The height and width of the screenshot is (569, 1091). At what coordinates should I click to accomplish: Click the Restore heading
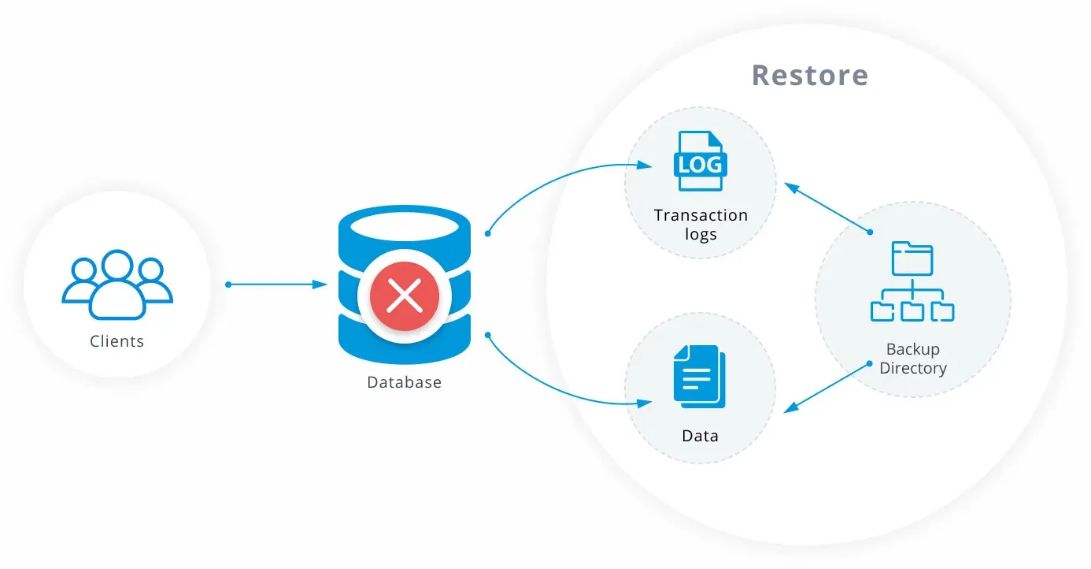pos(810,75)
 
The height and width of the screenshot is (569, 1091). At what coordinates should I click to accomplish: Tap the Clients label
pos(116,341)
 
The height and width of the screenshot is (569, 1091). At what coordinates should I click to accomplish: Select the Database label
pos(404,382)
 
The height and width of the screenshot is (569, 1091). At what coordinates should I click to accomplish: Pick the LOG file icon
pos(700,161)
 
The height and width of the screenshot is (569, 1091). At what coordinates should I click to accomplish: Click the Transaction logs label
pos(700,225)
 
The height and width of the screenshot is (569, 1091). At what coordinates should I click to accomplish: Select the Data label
pos(700,436)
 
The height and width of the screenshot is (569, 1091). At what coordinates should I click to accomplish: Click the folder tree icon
pos(912,281)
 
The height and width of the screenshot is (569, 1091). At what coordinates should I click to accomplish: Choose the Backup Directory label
pos(912,359)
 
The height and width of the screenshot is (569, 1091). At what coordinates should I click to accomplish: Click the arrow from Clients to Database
pos(277,284)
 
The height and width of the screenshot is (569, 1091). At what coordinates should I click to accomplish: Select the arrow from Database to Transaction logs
pos(551,177)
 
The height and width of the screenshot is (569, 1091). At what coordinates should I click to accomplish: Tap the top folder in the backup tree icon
pos(912,257)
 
